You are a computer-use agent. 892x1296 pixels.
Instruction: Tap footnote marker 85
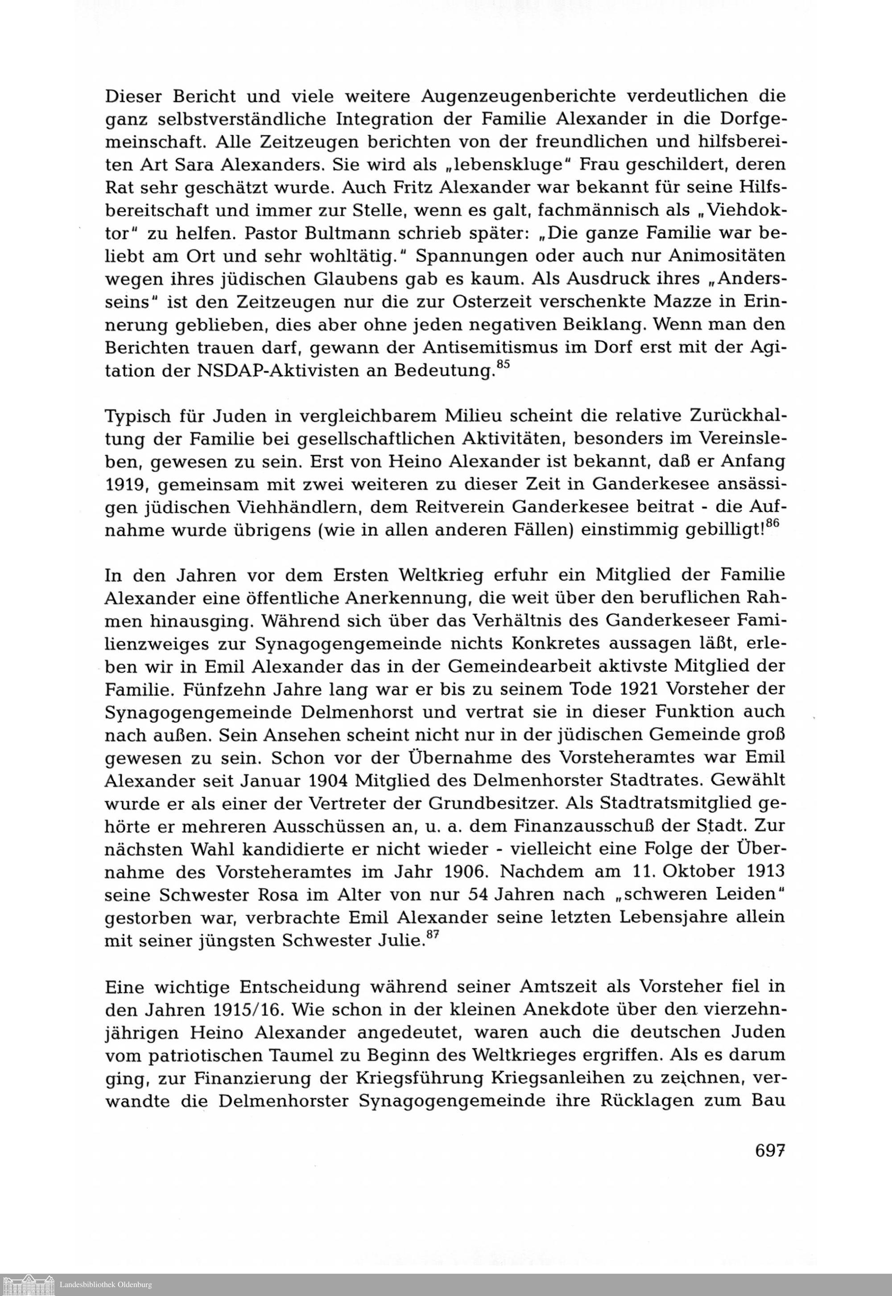point(504,364)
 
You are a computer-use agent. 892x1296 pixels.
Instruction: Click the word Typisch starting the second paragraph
point(139,416)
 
